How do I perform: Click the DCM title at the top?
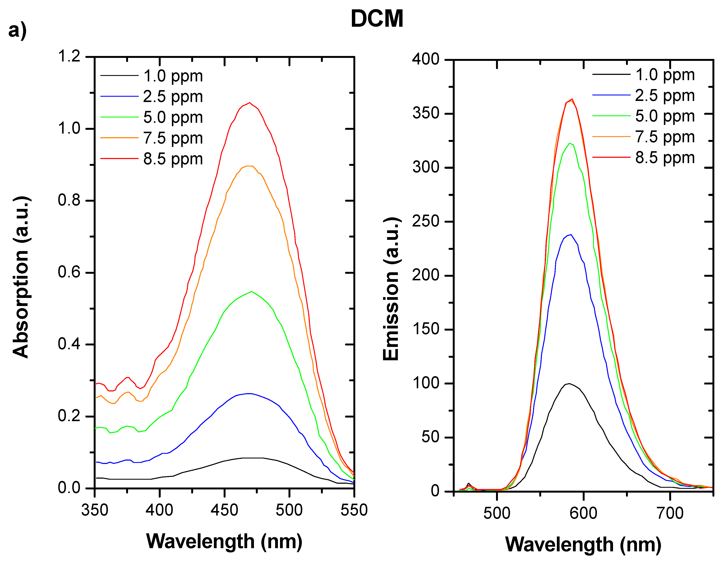click(377, 19)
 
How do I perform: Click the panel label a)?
click(17, 31)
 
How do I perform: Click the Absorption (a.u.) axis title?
click(21, 277)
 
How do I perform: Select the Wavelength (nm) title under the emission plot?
click(583, 544)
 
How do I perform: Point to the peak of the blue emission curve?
click(571, 235)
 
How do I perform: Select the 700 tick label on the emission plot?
click(670, 513)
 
